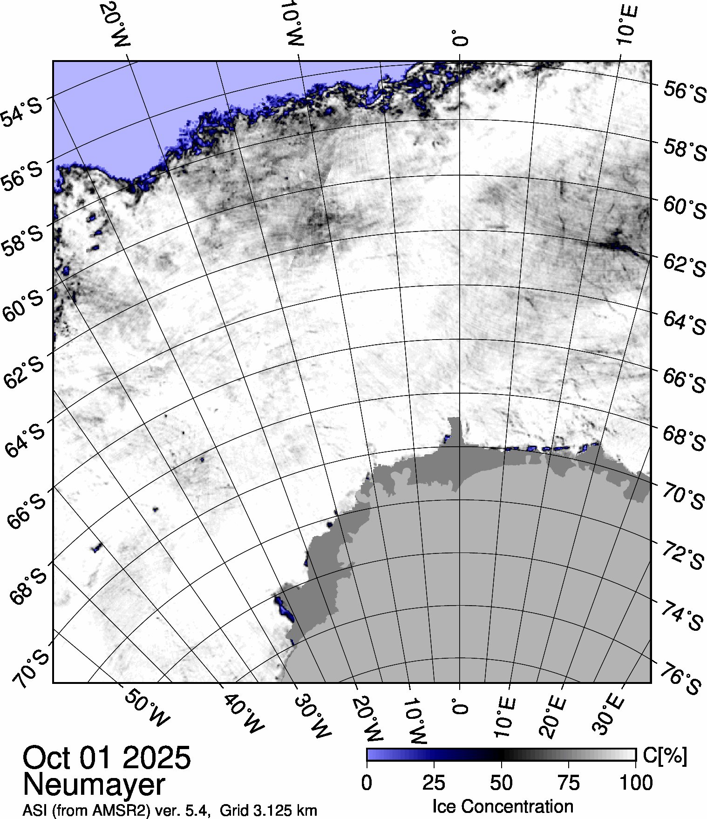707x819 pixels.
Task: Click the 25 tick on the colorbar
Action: (434, 783)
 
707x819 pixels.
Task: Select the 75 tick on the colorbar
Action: (568, 783)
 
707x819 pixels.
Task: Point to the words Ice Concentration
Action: (503, 806)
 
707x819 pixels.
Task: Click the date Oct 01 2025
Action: (107, 758)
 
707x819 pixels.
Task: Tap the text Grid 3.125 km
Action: (268, 810)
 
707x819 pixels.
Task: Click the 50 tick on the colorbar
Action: (502, 783)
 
